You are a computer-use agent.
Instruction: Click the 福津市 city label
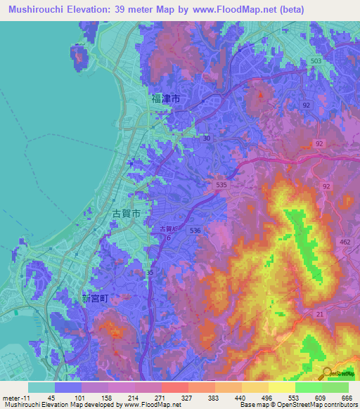coord(165,100)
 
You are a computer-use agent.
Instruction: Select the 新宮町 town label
coord(95,298)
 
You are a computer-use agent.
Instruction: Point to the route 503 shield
coord(317,62)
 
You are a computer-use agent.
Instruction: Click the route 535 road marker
coord(221,184)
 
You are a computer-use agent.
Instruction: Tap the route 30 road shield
coord(206,138)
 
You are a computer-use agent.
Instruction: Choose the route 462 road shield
coord(345,242)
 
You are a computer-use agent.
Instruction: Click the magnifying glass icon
coord(327,373)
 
